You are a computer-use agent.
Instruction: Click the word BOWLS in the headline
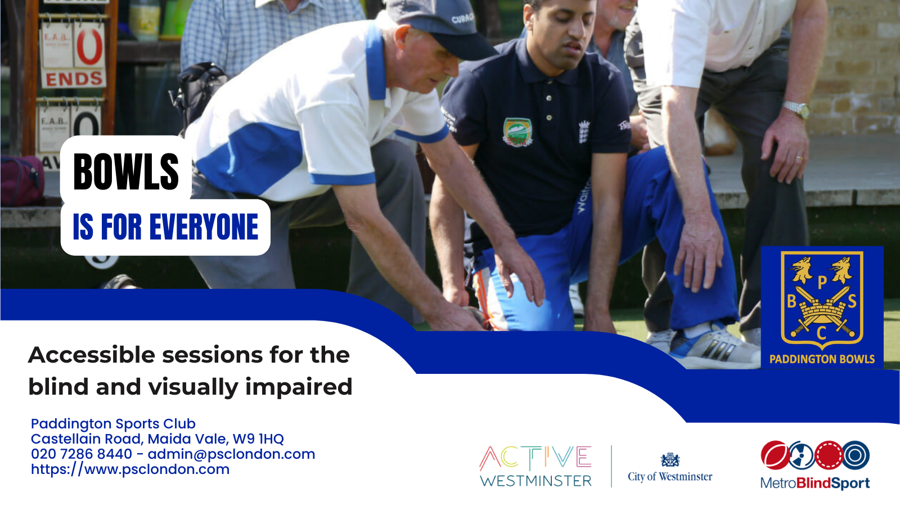(126, 171)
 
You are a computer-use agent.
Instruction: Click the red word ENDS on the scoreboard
(74, 79)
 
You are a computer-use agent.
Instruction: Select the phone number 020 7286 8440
(82, 454)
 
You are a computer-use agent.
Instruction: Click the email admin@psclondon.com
(231, 454)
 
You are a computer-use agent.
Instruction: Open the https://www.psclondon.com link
(130, 469)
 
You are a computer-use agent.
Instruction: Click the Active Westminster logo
(535, 466)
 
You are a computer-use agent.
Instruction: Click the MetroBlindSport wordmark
(814, 483)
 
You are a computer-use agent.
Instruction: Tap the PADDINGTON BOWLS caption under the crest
(822, 359)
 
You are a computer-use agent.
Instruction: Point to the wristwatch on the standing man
(796, 109)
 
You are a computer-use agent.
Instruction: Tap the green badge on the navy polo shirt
(517, 132)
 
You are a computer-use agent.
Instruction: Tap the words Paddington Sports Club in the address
(113, 424)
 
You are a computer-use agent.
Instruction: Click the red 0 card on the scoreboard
(89, 47)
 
